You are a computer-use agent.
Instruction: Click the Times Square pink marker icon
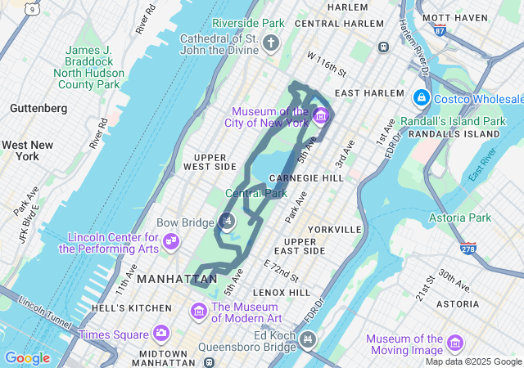(160, 334)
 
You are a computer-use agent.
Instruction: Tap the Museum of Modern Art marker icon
(198, 312)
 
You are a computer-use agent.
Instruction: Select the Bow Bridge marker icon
(228, 221)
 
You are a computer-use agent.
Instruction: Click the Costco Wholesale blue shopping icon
(422, 97)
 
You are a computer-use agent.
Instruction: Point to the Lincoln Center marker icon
(171, 242)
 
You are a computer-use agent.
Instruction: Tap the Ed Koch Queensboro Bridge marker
(308, 339)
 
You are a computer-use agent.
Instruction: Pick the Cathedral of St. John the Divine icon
(271, 44)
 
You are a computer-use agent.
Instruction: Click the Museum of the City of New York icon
(320, 115)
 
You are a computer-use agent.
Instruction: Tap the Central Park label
(256, 194)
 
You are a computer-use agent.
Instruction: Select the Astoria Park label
(460, 218)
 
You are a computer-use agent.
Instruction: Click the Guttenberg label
(38, 108)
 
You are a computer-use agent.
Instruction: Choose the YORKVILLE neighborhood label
(335, 230)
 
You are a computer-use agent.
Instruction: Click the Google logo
(27, 357)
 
